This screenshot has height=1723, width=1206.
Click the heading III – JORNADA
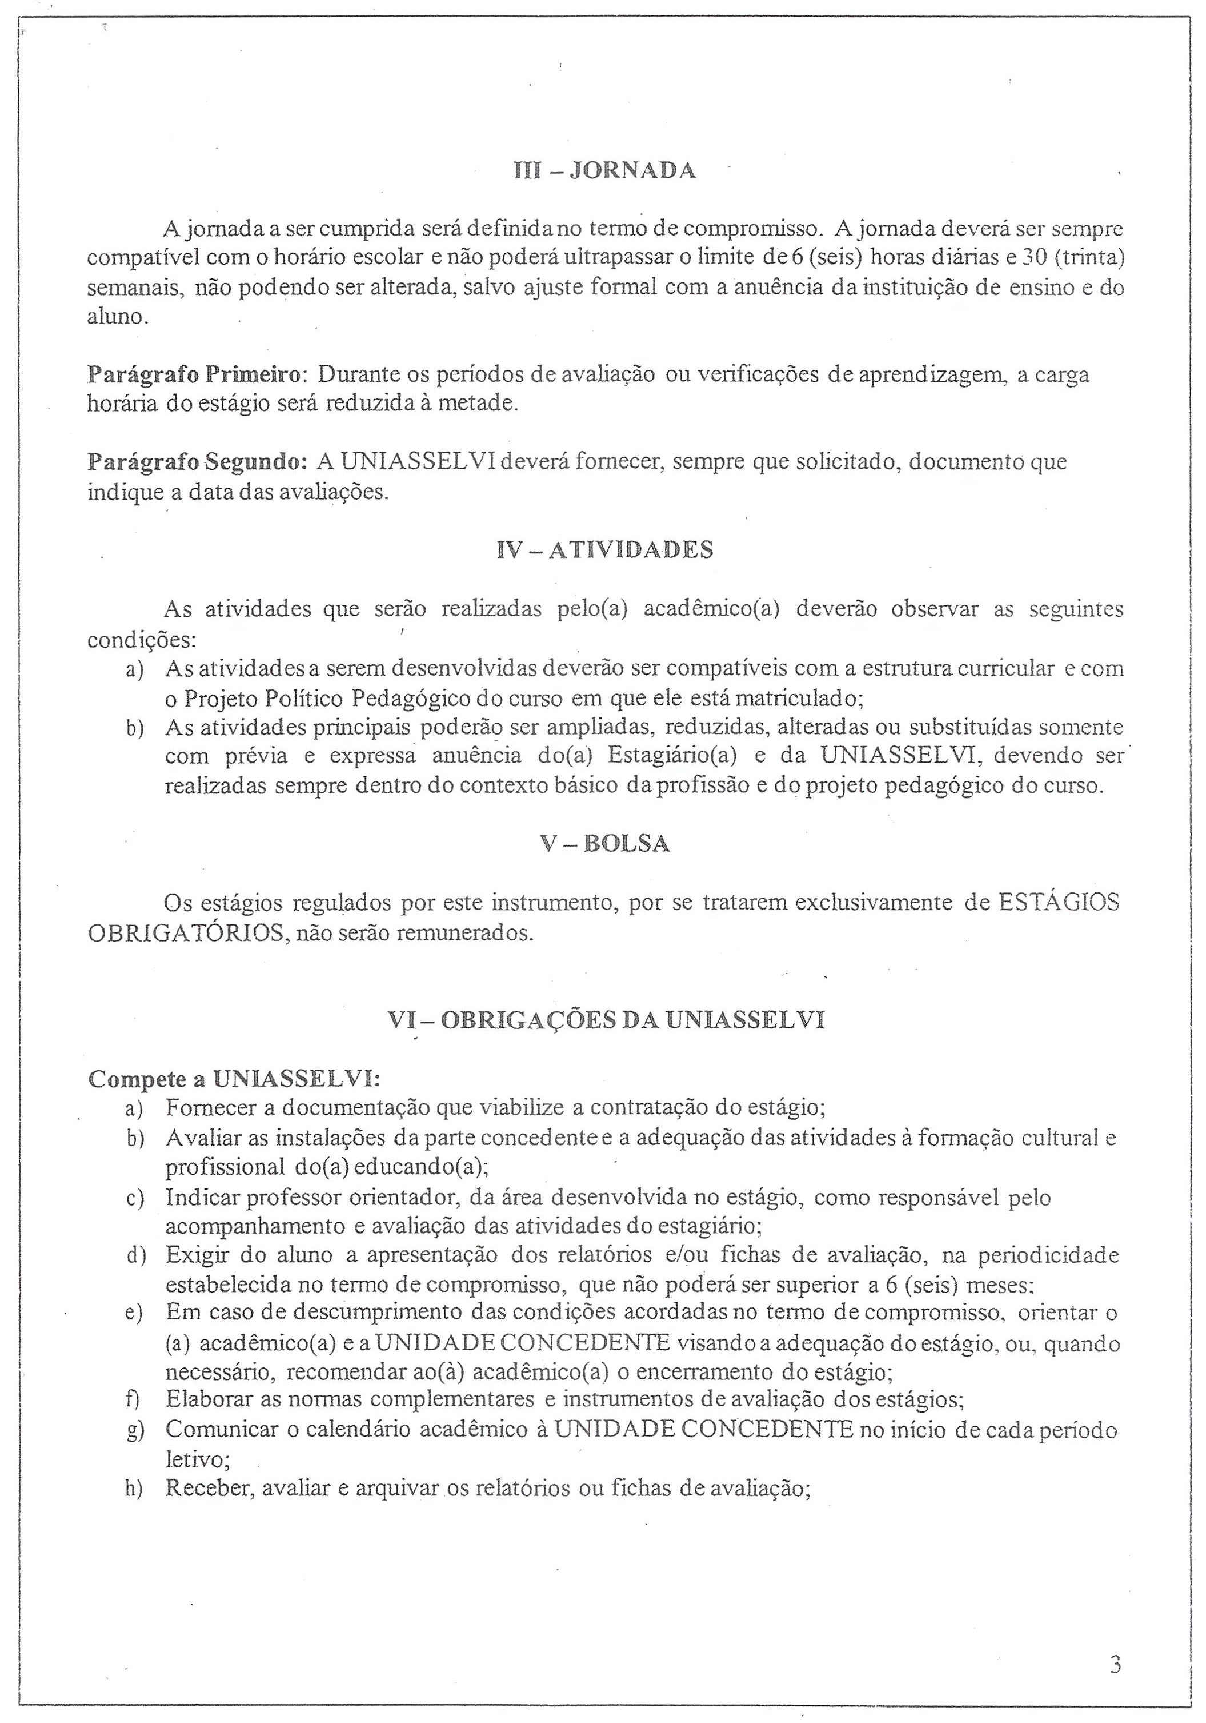coord(604,171)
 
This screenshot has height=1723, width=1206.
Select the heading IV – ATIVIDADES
coord(604,550)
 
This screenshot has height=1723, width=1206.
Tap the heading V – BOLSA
coord(604,844)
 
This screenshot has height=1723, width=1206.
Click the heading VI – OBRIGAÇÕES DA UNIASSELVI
coord(606,1020)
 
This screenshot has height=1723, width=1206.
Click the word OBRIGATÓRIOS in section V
coord(185,934)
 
